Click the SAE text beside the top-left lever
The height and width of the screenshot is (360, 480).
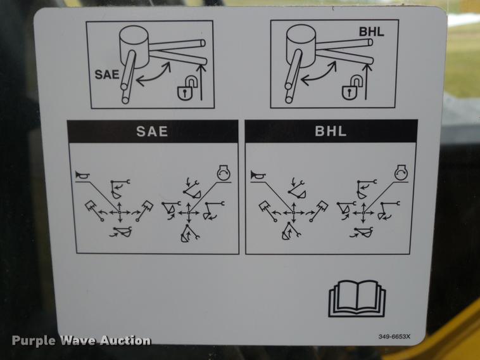(107, 74)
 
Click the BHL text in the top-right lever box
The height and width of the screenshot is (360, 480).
(371, 32)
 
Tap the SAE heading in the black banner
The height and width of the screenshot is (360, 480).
(152, 131)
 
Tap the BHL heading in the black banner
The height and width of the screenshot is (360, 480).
(331, 131)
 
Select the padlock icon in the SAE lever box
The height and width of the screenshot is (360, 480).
(186, 88)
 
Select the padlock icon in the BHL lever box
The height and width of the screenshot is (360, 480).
(351, 87)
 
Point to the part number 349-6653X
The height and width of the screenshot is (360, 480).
(395, 337)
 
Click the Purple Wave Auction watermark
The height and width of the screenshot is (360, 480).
(82, 340)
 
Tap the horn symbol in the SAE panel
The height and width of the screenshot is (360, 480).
(82, 176)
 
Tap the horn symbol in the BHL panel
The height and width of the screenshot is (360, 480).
(258, 176)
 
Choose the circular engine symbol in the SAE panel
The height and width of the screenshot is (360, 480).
(224, 174)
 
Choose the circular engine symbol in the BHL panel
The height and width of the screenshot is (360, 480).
(401, 173)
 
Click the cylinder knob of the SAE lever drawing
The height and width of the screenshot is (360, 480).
(134, 46)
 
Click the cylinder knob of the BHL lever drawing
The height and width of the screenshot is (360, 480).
(301, 46)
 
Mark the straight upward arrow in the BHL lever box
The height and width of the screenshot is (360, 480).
(366, 80)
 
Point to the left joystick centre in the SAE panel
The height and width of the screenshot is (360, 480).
(120, 212)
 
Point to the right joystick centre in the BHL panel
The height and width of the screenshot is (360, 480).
(363, 212)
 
